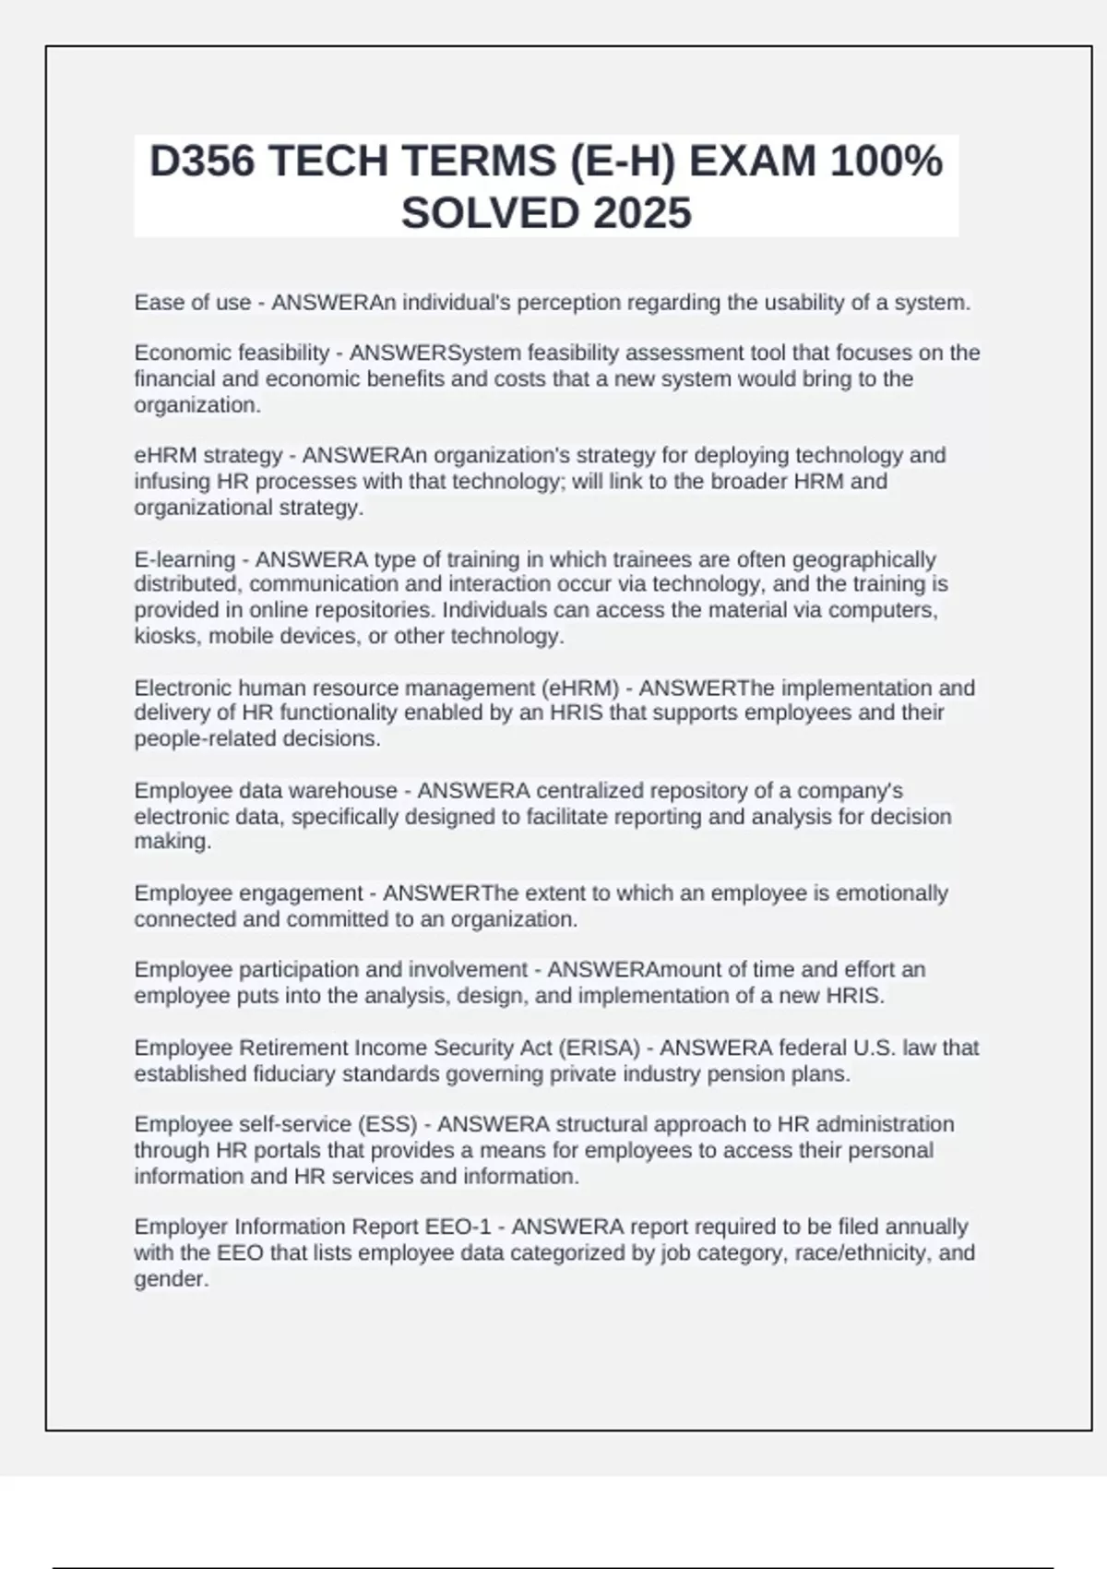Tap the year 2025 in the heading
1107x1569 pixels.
point(643,213)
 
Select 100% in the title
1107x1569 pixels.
point(886,162)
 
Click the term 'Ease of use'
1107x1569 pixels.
point(192,303)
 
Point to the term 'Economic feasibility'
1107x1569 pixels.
point(232,353)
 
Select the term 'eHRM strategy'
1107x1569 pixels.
point(208,456)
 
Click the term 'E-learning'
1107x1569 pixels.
point(184,559)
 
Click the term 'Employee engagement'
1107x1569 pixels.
point(248,893)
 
